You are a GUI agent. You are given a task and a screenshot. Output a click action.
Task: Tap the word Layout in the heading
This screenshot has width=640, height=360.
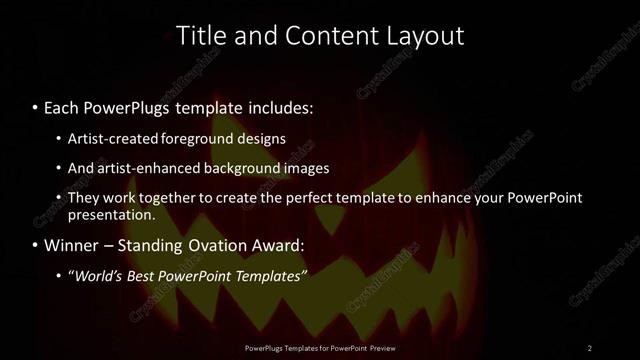pos(426,36)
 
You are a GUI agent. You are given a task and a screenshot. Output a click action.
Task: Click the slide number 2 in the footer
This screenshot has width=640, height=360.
pos(589,348)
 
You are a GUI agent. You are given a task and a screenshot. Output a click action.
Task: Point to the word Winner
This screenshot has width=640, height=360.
pos(73,245)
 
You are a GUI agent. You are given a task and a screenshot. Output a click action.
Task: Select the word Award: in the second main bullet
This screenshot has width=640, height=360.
pos(281,245)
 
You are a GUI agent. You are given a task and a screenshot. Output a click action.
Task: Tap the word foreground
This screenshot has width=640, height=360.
pos(218,139)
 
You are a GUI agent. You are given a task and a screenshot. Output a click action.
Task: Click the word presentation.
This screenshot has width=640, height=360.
pos(111,214)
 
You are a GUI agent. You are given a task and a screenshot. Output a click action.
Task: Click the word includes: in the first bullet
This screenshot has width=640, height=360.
pos(281,106)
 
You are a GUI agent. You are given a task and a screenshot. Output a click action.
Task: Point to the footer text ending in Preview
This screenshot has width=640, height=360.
pos(319,348)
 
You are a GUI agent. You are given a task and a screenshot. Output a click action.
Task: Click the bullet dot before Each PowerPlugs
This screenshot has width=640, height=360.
pos(35,106)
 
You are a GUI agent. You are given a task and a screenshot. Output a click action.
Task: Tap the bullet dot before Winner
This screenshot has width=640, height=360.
pos(35,245)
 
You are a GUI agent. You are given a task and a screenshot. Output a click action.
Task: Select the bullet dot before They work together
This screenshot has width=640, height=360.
pos(59,197)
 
